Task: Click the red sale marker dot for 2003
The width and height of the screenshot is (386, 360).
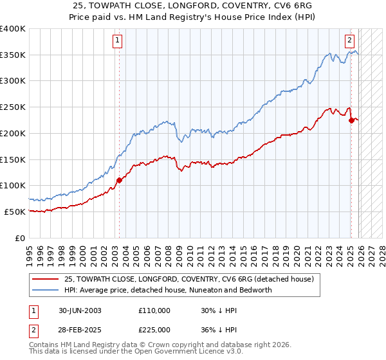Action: [x=119, y=180]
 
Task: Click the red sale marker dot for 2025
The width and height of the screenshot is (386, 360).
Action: [x=351, y=120]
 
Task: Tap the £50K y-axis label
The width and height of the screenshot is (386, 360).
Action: [x=15, y=212]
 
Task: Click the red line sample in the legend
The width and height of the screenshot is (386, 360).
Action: [x=46, y=279]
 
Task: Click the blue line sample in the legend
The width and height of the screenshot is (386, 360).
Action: [x=46, y=290]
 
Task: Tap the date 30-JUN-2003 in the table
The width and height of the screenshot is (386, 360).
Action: [x=80, y=310]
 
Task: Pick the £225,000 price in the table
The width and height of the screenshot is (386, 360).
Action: [x=154, y=328]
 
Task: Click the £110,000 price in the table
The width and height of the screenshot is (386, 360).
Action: [x=154, y=310]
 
